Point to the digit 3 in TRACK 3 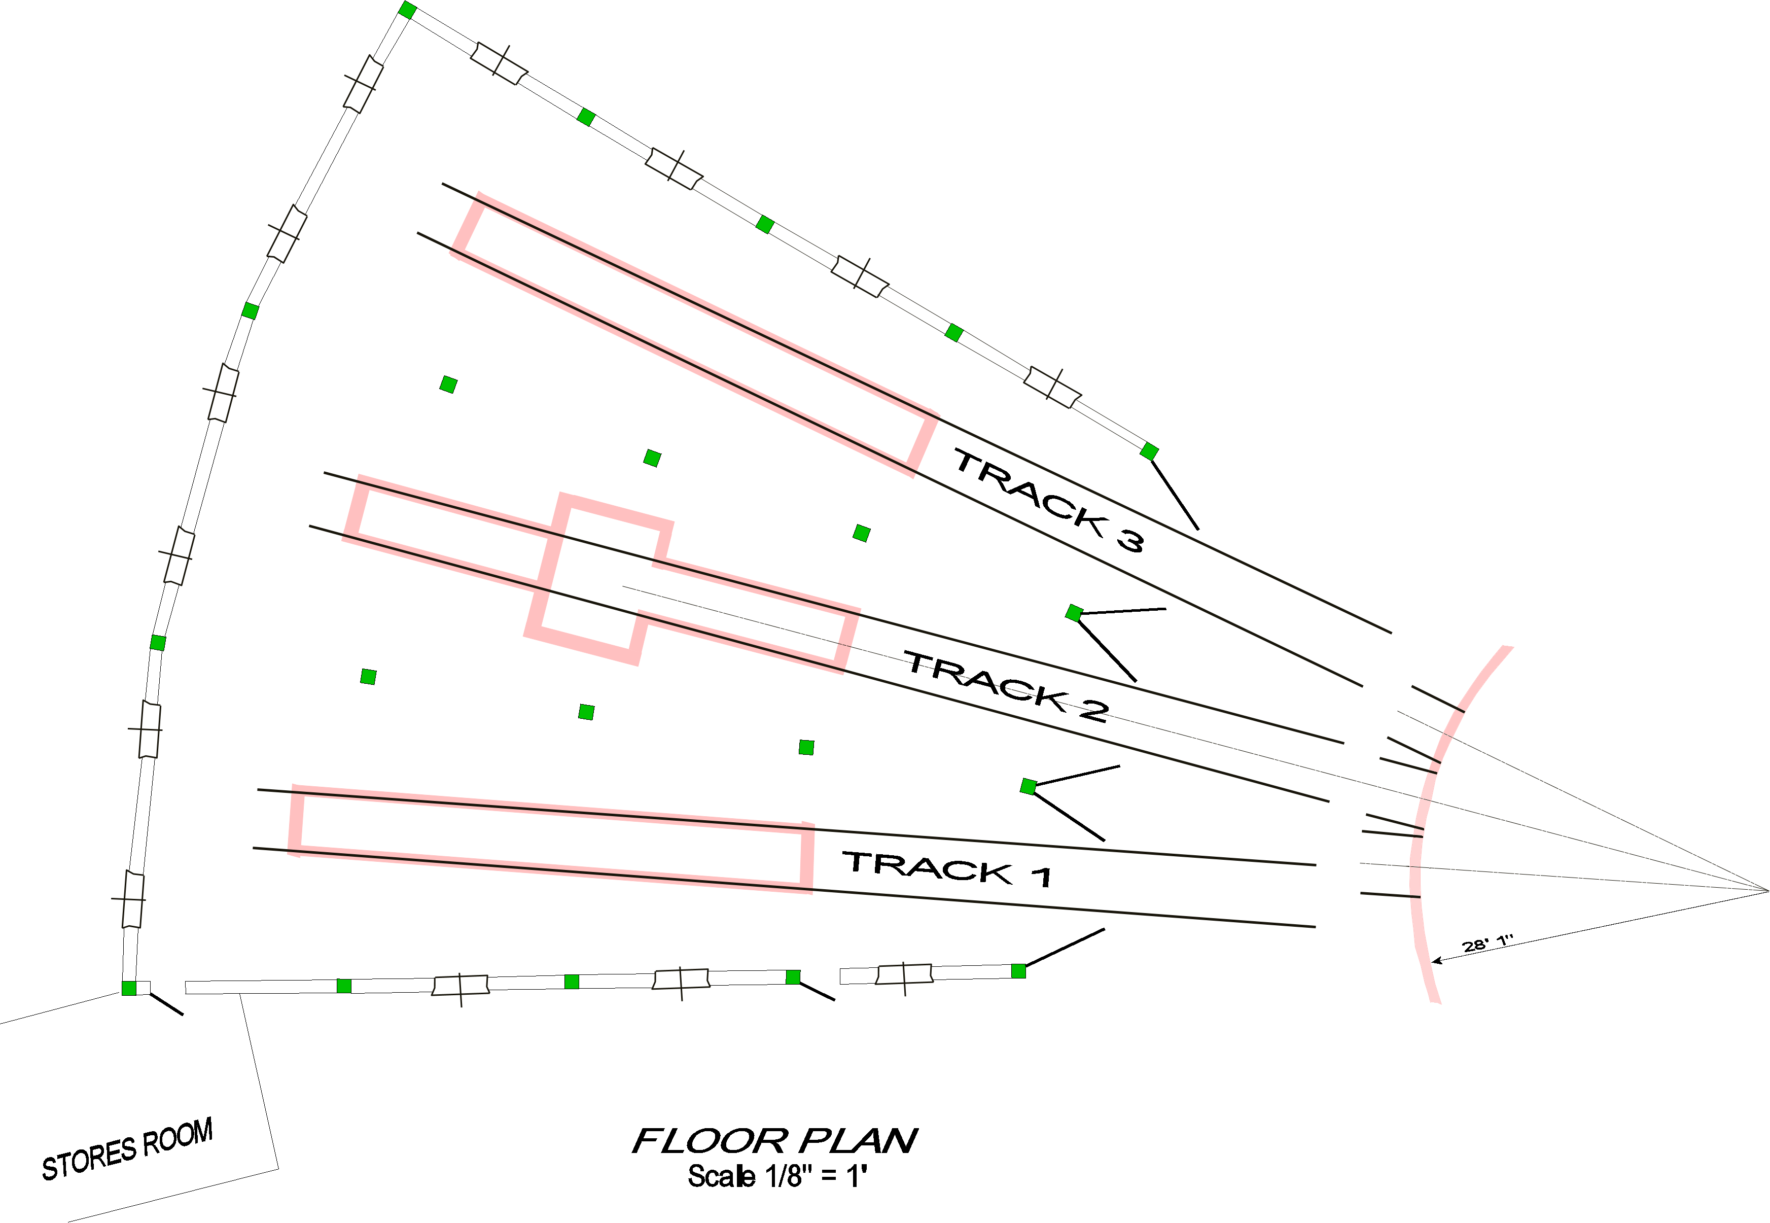coord(1130,541)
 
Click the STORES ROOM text coord(127,1149)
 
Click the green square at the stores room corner coord(129,989)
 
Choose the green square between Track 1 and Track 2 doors coord(1029,786)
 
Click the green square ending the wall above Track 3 coord(1149,451)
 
